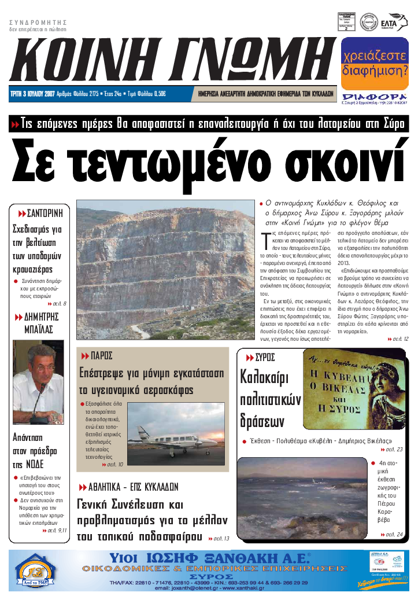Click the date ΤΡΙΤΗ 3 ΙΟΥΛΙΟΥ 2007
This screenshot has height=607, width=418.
coord(32,93)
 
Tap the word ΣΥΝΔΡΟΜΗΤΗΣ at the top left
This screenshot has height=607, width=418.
coord(35,22)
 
